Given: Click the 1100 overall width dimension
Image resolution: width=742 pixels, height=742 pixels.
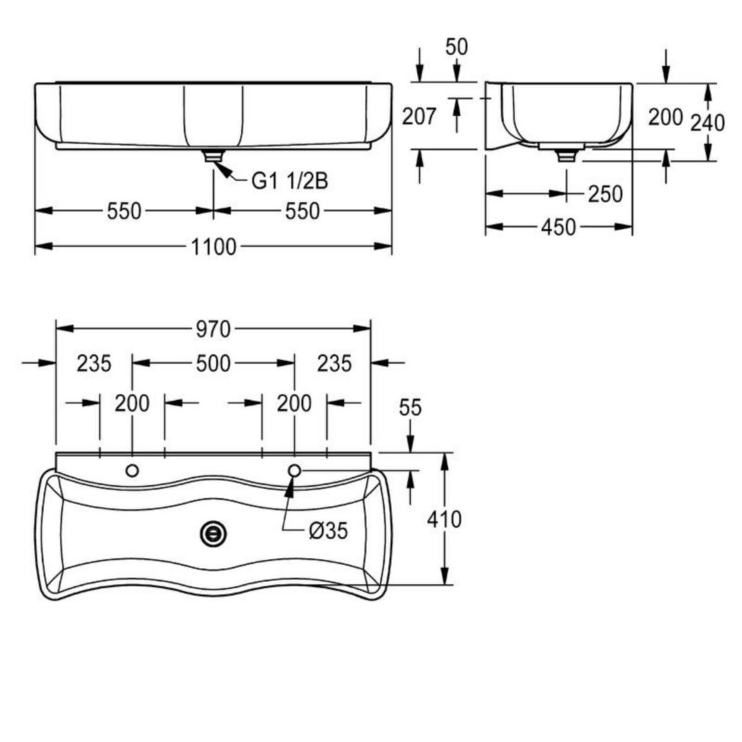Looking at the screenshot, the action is pyautogui.click(x=214, y=247).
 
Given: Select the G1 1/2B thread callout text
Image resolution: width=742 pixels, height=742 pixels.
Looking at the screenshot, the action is pyautogui.click(x=289, y=181).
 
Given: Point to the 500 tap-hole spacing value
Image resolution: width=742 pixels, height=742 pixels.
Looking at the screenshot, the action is pyautogui.click(x=213, y=364).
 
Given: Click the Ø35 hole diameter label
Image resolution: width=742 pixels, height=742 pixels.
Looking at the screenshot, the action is pyautogui.click(x=328, y=531).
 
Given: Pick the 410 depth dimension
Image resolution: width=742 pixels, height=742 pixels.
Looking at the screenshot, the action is pyautogui.click(x=444, y=519).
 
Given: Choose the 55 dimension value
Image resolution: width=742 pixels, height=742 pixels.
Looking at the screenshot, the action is pyautogui.click(x=411, y=407).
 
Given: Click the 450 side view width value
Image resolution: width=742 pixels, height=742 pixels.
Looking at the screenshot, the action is pyautogui.click(x=559, y=227).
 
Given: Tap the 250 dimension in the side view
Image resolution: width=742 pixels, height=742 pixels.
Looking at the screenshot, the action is pyautogui.click(x=605, y=194).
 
